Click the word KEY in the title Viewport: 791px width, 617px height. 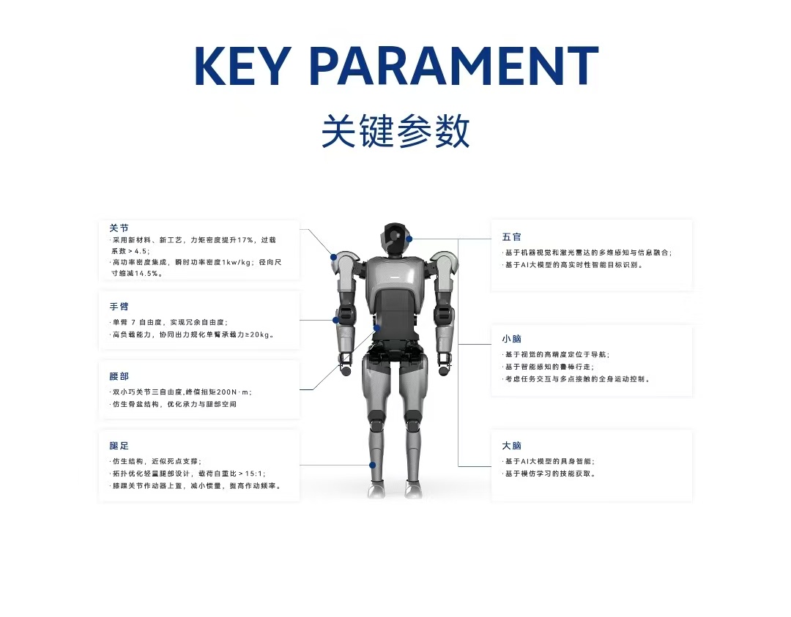243,66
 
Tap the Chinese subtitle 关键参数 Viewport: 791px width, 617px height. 395,131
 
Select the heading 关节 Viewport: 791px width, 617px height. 119,228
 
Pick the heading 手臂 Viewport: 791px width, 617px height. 119,307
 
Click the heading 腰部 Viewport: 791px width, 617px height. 119,376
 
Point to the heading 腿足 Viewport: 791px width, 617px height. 119,446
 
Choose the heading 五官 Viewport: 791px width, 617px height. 511,237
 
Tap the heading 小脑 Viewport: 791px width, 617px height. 511,339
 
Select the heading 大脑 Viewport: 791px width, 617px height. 511,446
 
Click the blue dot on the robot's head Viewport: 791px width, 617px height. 409,239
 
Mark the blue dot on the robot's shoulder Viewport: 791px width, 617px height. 333,257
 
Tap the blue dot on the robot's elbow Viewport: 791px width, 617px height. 335,320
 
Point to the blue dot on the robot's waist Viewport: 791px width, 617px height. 377,328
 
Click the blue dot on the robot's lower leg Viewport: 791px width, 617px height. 372,465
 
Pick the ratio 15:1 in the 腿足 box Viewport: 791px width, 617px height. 253,474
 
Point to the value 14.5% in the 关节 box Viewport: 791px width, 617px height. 146,273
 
